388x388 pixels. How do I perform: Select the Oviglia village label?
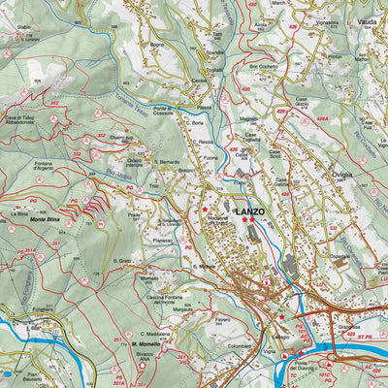pos(315,175)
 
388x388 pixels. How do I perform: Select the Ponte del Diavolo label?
pos(321,366)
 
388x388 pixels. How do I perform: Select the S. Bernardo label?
pos(167,160)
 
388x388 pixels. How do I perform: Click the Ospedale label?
pos(339,257)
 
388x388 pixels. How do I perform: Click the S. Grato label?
pos(122,260)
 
